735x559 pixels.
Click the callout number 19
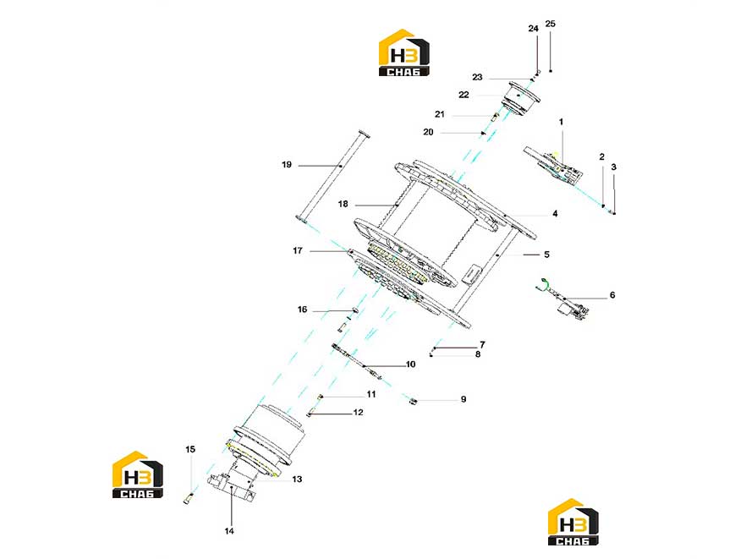click(x=287, y=165)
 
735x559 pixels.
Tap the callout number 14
click(x=228, y=531)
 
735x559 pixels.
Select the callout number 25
click(x=551, y=24)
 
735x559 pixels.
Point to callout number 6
click(x=612, y=295)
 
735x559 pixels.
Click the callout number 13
click(x=297, y=480)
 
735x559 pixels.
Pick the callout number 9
click(x=463, y=399)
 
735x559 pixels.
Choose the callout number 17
click(x=298, y=250)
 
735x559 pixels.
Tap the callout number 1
click(x=561, y=122)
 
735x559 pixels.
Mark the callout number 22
click(x=463, y=95)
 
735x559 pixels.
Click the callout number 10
click(x=410, y=364)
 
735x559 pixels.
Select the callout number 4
click(x=555, y=214)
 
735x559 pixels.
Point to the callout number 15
click(x=189, y=449)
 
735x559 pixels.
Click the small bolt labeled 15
click(x=188, y=499)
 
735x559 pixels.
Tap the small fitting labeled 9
click(x=413, y=401)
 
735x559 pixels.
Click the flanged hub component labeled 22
click(x=520, y=98)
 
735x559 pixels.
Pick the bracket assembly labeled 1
click(x=554, y=167)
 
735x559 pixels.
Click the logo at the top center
click(x=403, y=52)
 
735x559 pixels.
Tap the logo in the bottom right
click(x=573, y=522)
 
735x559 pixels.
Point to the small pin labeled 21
click(x=494, y=117)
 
